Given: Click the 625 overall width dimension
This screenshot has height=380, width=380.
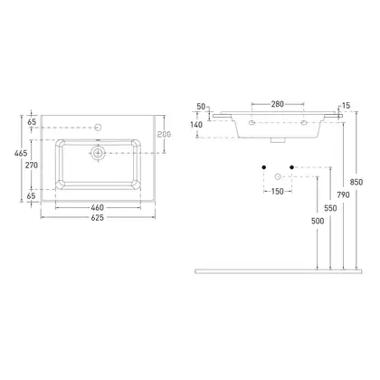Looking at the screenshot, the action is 98,217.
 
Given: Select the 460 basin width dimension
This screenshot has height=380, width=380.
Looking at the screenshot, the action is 98,207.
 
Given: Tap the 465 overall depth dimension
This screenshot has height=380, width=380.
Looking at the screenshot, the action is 21,153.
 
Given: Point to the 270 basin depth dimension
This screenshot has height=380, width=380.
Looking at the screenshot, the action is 32,166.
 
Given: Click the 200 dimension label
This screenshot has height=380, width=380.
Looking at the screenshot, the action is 164,134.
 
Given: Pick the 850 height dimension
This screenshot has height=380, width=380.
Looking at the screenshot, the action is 356,182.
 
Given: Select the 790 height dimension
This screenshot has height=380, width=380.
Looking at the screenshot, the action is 343,195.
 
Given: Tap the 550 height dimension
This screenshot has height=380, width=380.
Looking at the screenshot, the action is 330,208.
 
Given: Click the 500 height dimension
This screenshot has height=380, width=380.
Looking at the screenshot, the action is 318,221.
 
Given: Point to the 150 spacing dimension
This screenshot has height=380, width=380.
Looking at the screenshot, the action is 278,191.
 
